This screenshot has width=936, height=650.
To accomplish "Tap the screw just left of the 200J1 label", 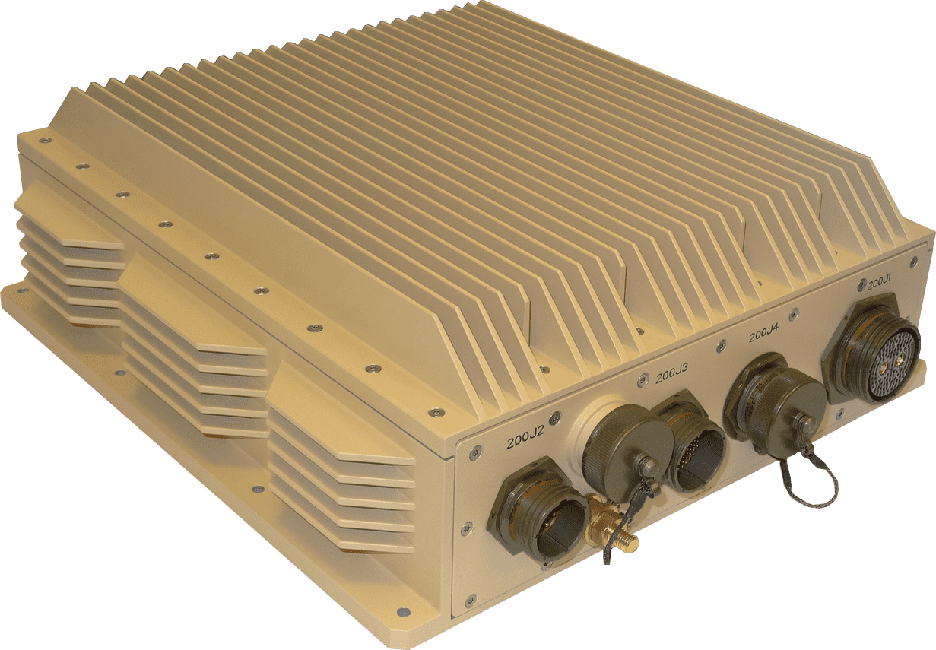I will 861,285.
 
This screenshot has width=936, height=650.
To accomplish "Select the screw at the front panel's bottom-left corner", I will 471,600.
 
